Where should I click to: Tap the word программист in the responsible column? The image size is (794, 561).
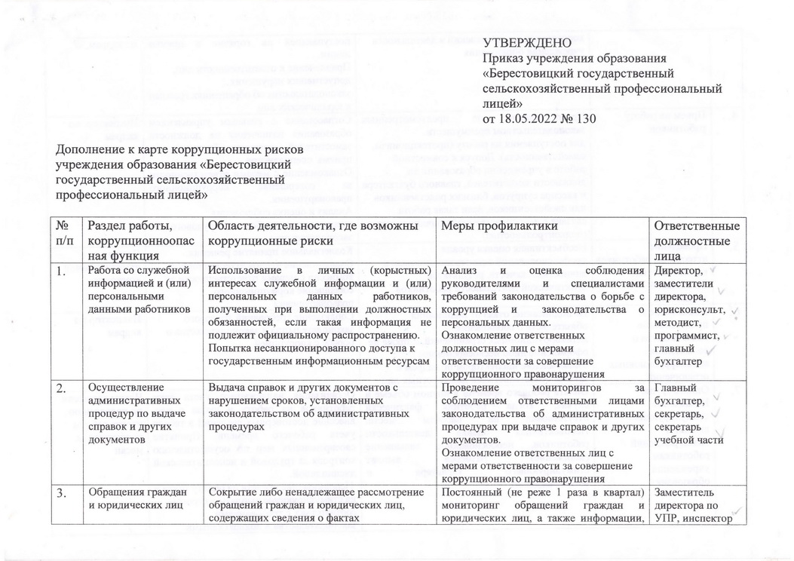coord(686,336)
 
